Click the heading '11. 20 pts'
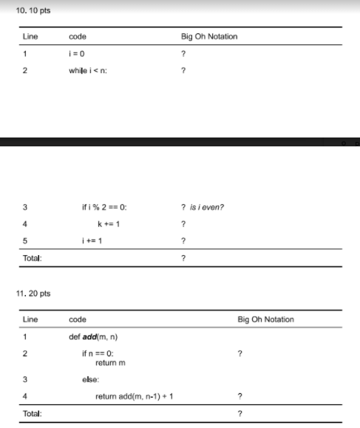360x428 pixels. pos(33,293)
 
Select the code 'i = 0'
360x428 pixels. pos(77,54)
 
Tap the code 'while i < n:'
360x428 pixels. pos(88,71)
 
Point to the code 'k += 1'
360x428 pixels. pos(108,224)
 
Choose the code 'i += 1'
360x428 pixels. pos(93,241)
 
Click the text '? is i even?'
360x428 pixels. pos(202,207)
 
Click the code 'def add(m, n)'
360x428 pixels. pos(93,337)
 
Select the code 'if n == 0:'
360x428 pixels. pos(98,354)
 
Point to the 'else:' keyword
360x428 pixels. pos(91,379)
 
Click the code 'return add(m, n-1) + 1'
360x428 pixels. pos(135,397)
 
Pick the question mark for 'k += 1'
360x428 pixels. pos(183,224)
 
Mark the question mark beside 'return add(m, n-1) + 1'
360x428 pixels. pos(240,397)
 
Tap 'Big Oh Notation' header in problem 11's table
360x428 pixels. pos(265,320)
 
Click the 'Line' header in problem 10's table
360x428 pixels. pos(30,36)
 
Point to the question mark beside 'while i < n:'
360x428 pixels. pos(183,71)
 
